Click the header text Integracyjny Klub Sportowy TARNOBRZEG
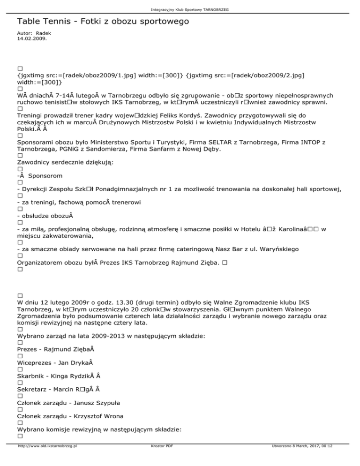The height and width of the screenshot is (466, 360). tap(180, 9)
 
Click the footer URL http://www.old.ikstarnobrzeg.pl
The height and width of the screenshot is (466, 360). tap(47, 459)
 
